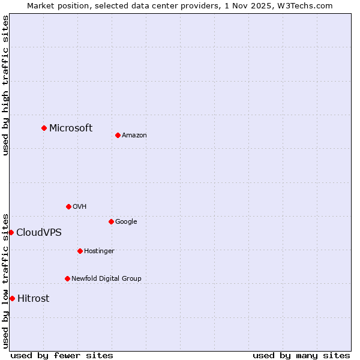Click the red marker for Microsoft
pos(44,128)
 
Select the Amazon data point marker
pos(118,135)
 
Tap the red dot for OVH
pos(68,206)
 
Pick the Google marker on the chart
pos(111,221)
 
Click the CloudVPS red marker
pos(11,232)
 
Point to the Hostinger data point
pos(80,251)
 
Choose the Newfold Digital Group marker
pos(67,278)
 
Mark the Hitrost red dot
pos(12,298)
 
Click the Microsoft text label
pos(71,128)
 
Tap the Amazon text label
pos(134,135)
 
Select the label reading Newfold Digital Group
pos(106,278)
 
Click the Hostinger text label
pos(99,251)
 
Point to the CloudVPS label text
pos(38,232)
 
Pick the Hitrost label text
pos(34,298)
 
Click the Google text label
pos(126,221)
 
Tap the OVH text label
pos(80,206)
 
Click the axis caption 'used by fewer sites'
pos(62,355)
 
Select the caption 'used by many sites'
pos(301,355)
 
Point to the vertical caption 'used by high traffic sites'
pos(5,85)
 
